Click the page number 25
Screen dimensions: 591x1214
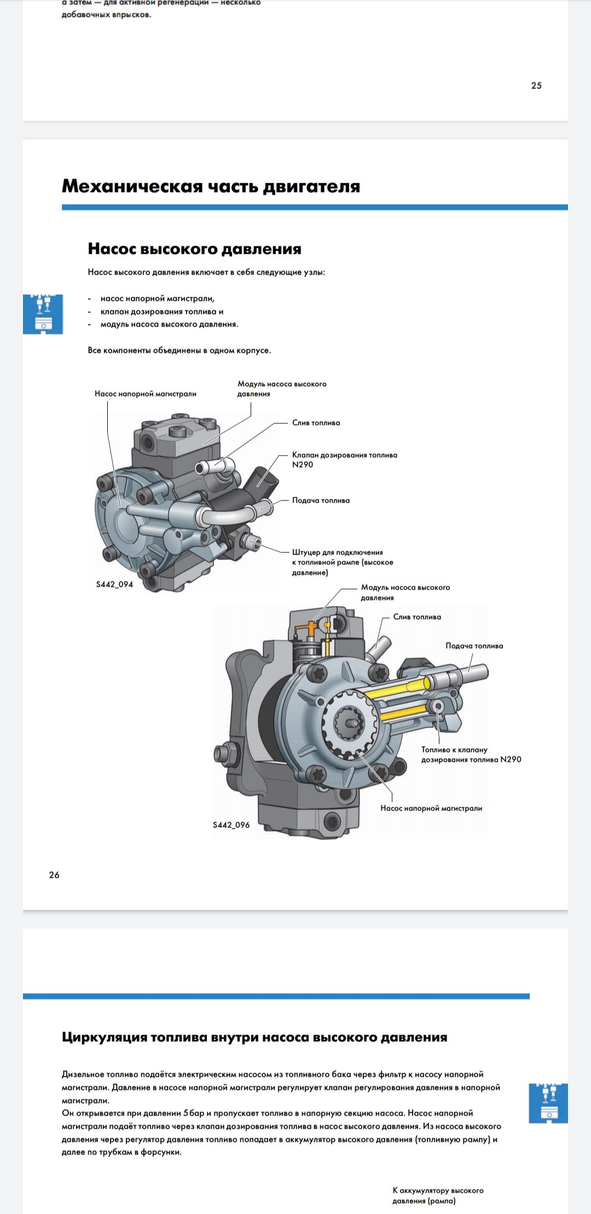[536, 85]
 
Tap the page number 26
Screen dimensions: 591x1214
[54, 875]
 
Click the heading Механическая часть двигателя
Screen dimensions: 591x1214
[211, 186]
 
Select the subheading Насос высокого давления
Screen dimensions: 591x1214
[194, 249]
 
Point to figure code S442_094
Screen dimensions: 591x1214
[114, 584]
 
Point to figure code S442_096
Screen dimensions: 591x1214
[231, 825]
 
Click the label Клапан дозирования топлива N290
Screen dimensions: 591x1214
[345, 460]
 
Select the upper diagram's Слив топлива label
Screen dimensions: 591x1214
[316, 423]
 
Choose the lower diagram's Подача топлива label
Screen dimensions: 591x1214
[474, 646]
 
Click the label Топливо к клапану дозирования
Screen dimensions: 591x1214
[471, 755]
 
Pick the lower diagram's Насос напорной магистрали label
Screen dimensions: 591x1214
[431, 808]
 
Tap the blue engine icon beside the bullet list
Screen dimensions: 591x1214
[43, 314]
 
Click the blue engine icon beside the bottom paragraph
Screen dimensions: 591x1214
[548, 1103]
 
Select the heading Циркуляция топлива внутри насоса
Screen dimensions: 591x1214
[254, 1037]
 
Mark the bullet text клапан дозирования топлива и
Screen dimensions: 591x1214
[162, 312]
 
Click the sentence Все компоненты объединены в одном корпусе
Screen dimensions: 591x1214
[179, 351]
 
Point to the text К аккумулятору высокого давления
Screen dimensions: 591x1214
[438, 1195]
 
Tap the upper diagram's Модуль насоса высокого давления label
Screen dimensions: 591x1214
[282, 389]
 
